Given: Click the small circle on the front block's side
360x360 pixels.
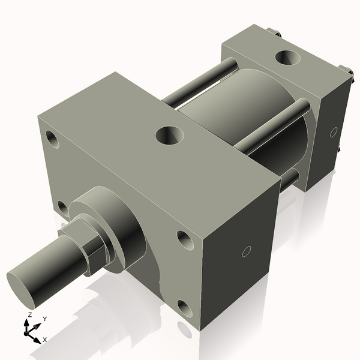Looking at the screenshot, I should click(245, 253).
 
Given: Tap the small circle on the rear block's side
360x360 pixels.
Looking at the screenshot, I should click(333, 131).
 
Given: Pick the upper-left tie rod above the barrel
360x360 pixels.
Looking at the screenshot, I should click(201, 82).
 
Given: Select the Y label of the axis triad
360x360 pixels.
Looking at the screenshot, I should click(44, 319).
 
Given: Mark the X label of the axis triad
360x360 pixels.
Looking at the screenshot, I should click(45, 340).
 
